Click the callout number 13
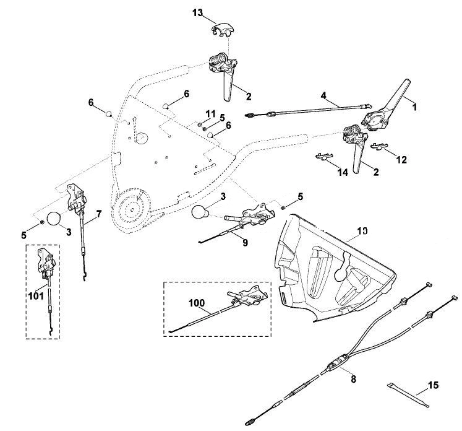click(x=198, y=13)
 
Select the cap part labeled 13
click(x=223, y=31)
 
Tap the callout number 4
click(x=323, y=95)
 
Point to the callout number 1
click(x=414, y=107)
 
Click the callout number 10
click(x=362, y=230)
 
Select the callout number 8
click(x=354, y=379)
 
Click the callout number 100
click(x=197, y=303)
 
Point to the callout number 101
click(x=36, y=296)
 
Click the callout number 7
click(x=99, y=214)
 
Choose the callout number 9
click(x=245, y=243)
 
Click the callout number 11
click(x=211, y=114)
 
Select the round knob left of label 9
click(x=200, y=212)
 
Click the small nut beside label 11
click(x=199, y=124)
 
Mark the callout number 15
click(x=433, y=385)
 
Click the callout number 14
click(x=343, y=172)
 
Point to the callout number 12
click(x=401, y=160)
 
